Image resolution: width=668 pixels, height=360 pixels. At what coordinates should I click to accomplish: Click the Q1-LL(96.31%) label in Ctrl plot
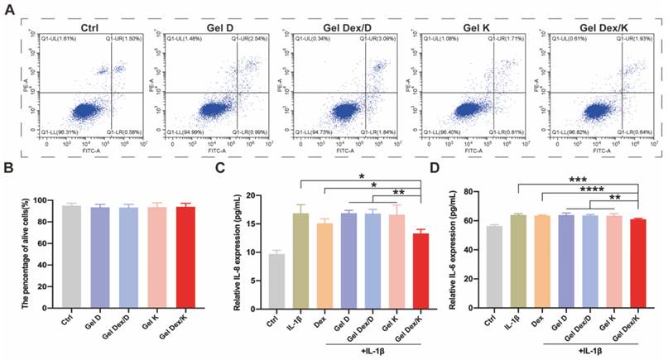click(57, 132)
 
